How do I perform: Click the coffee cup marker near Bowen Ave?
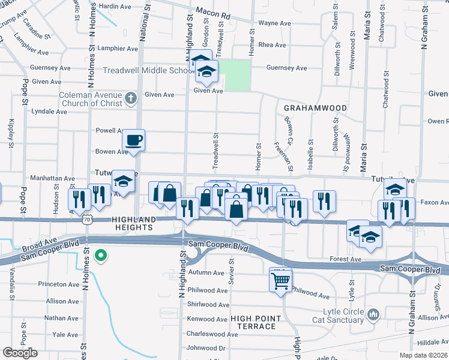[133, 140]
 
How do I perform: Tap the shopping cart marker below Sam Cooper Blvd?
[280, 279]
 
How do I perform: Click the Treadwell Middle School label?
[147, 70]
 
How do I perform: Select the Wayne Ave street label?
[274, 24]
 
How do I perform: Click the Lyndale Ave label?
[49, 112]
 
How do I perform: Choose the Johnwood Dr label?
[206, 347]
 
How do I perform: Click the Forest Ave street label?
[345, 259]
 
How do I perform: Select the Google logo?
[20, 353]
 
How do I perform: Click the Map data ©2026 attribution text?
[424, 356]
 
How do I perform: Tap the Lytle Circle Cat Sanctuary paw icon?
[373, 314]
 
